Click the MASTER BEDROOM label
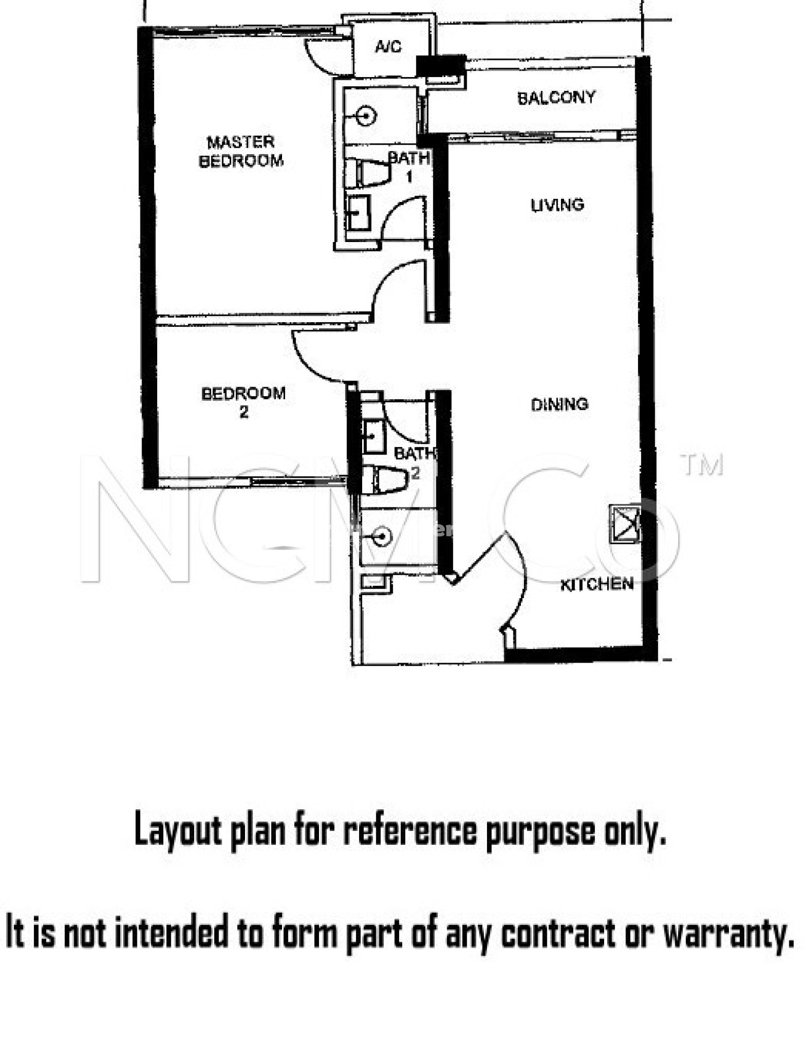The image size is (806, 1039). [241, 151]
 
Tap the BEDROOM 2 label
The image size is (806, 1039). [243, 402]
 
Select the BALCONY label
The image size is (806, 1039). [556, 97]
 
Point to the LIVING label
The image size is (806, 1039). [557, 205]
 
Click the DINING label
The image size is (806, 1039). [559, 404]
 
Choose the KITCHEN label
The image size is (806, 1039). [597, 584]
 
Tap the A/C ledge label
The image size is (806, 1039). [388, 47]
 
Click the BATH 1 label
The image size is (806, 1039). [409, 166]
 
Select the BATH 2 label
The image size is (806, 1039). [414, 462]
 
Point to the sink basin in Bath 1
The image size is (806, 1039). [358, 213]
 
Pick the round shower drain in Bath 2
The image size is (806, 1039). [382, 536]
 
